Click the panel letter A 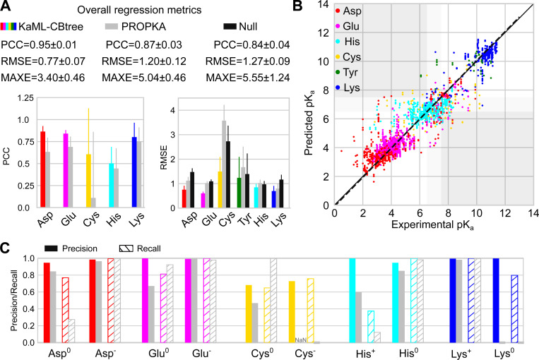[6, 6]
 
